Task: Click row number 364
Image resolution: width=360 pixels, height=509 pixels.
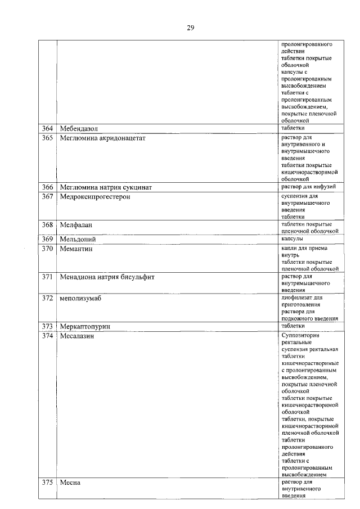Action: coord(47,129)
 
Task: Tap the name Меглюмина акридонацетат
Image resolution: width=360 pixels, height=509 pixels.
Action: coord(102,138)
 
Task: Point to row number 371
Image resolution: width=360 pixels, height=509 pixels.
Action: coord(47,277)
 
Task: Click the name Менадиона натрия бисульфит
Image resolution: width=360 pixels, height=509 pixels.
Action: coord(107,277)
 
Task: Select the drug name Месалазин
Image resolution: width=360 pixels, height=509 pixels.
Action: coord(77,336)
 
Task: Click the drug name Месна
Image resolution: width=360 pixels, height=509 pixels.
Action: coord(70,483)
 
